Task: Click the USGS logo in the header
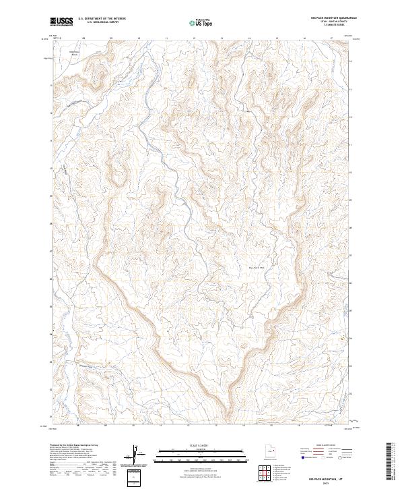[62, 22]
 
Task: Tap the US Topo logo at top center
[202, 23]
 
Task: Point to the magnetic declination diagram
[139, 454]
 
